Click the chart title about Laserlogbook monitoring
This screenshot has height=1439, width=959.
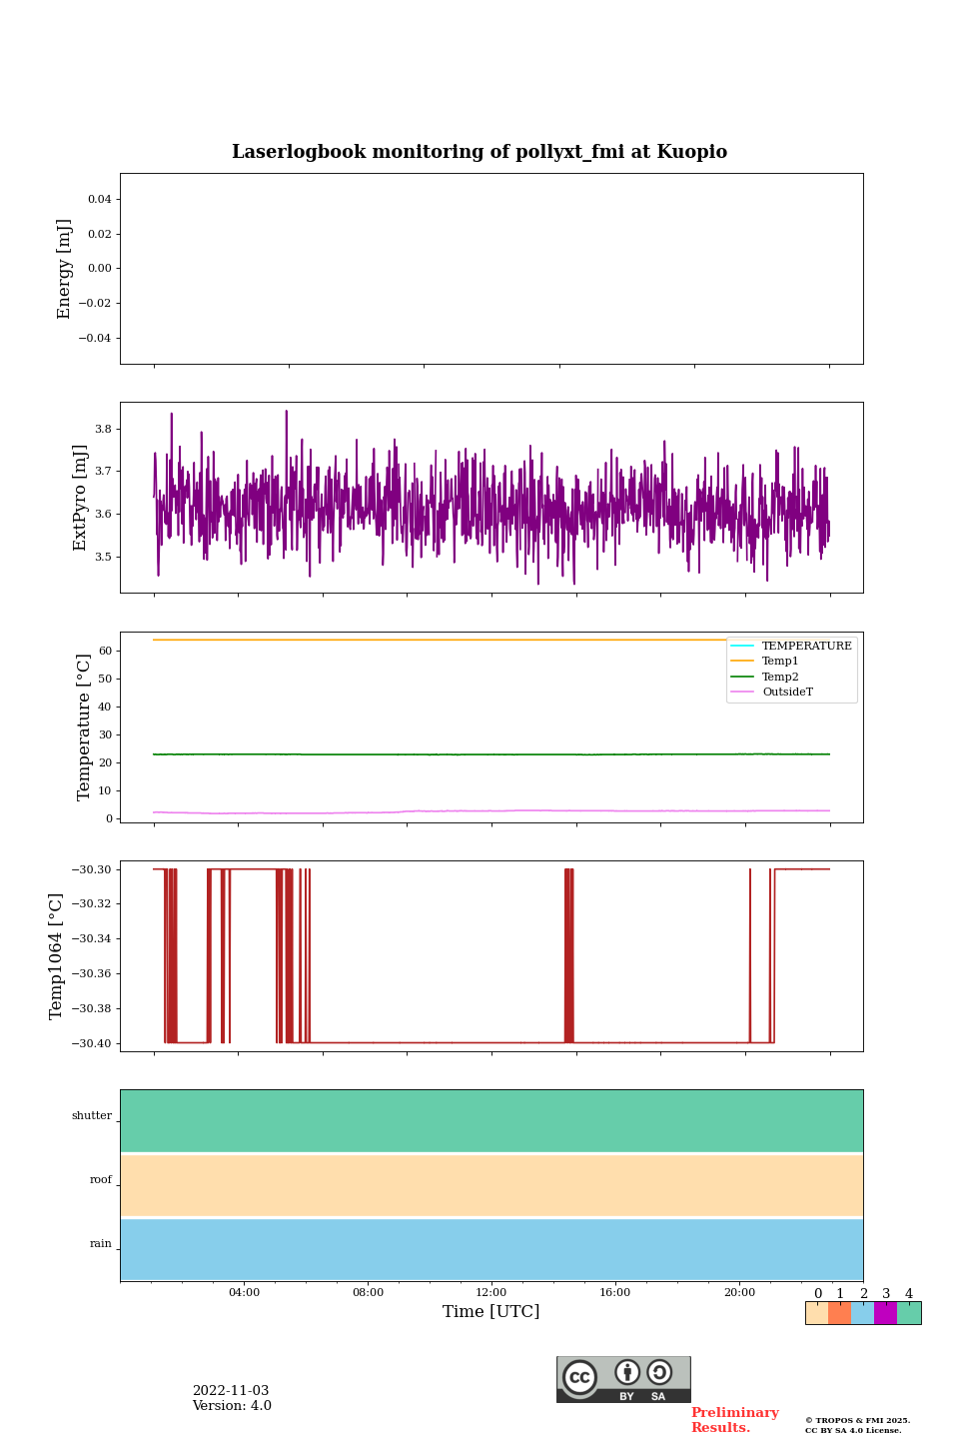[x=479, y=152]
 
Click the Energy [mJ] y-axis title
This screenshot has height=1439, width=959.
[x=65, y=269]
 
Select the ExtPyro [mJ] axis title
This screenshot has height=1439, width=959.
[x=81, y=498]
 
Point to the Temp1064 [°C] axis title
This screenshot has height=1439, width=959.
[x=57, y=956]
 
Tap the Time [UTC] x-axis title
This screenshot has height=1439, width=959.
[x=491, y=1311]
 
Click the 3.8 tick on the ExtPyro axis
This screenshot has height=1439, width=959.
[x=103, y=429]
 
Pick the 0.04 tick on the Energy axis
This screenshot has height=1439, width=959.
[x=99, y=200]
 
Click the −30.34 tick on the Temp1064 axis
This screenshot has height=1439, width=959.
[x=90, y=938]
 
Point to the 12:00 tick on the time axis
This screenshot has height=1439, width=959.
[x=491, y=1292]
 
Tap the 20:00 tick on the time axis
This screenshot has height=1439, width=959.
[x=739, y=1292]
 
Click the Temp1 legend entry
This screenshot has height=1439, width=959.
[x=780, y=662]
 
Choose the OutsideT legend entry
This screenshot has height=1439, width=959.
[x=787, y=693]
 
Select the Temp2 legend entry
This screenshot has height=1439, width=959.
[x=780, y=677]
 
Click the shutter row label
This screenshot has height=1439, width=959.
[x=92, y=1116]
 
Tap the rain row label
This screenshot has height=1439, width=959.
[x=101, y=1244]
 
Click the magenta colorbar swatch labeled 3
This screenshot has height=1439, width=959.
[x=885, y=1313]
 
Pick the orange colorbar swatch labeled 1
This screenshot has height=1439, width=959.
[x=839, y=1313]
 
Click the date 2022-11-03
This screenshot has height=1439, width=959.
[x=231, y=1391]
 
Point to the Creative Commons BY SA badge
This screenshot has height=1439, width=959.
[x=623, y=1379]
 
